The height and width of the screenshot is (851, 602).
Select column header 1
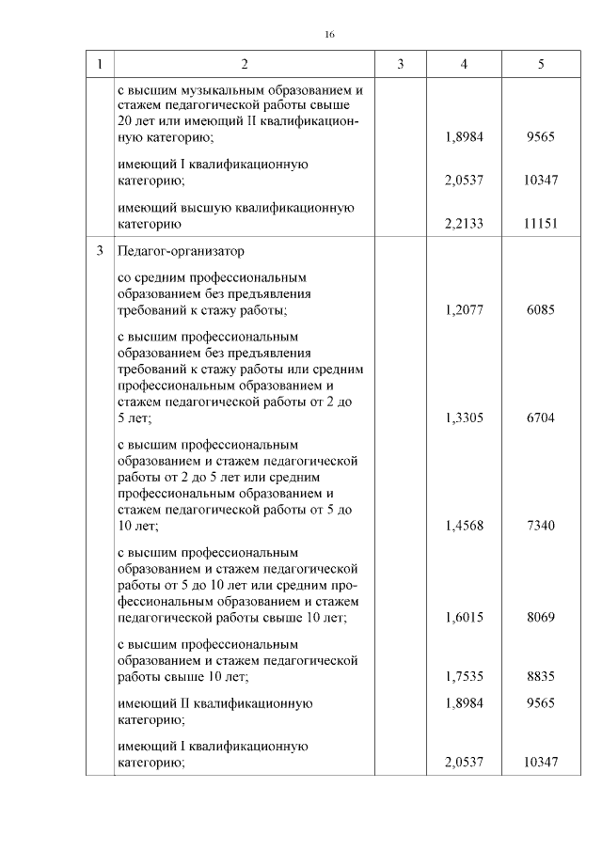[x=99, y=64]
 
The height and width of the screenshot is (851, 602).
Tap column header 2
[x=244, y=64]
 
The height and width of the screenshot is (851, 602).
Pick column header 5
[x=541, y=64]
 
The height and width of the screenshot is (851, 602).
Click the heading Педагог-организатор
[x=180, y=252]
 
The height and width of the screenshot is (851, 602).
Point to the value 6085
[x=541, y=309]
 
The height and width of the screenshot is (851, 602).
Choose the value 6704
[x=541, y=418]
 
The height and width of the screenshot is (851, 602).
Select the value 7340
[x=541, y=526]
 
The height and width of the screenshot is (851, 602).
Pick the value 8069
[x=541, y=618]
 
